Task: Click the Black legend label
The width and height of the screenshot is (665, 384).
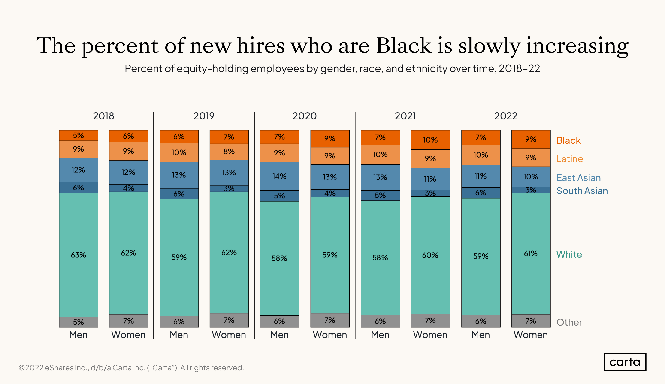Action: [x=568, y=140]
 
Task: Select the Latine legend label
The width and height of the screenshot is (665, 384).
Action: [x=569, y=159]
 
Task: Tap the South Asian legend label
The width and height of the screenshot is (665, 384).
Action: [x=582, y=191]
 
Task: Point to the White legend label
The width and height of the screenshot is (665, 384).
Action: [x=569, y=254]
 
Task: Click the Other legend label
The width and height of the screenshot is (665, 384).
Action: [x=569, y=322]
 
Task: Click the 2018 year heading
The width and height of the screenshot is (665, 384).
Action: [x=103, y=116]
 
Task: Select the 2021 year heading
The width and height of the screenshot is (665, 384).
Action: [x=405, y=116]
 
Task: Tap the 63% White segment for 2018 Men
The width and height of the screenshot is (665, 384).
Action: [x=78, y=255]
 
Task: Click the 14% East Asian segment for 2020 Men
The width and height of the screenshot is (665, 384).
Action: [x=279, y=176]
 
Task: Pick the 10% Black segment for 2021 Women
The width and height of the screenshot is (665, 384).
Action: [x=430, y=140]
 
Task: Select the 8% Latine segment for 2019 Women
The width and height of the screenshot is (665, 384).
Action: [x=229, y=152]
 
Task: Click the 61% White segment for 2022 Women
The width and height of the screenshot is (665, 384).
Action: [x=531, y=253]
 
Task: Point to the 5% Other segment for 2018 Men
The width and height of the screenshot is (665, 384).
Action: [x=78, y=322]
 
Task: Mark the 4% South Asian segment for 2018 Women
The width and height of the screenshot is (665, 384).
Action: [x=129, y=188]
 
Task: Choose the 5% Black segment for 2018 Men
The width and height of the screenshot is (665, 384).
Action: [x=78, y=135]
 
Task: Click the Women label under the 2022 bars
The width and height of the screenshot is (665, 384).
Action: [x=531, y=335]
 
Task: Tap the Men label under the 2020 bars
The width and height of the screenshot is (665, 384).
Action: [x=279, y=335]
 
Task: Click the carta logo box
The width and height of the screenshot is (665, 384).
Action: [x=625, y=362]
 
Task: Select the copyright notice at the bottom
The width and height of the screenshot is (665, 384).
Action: [x=131, y=368]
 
